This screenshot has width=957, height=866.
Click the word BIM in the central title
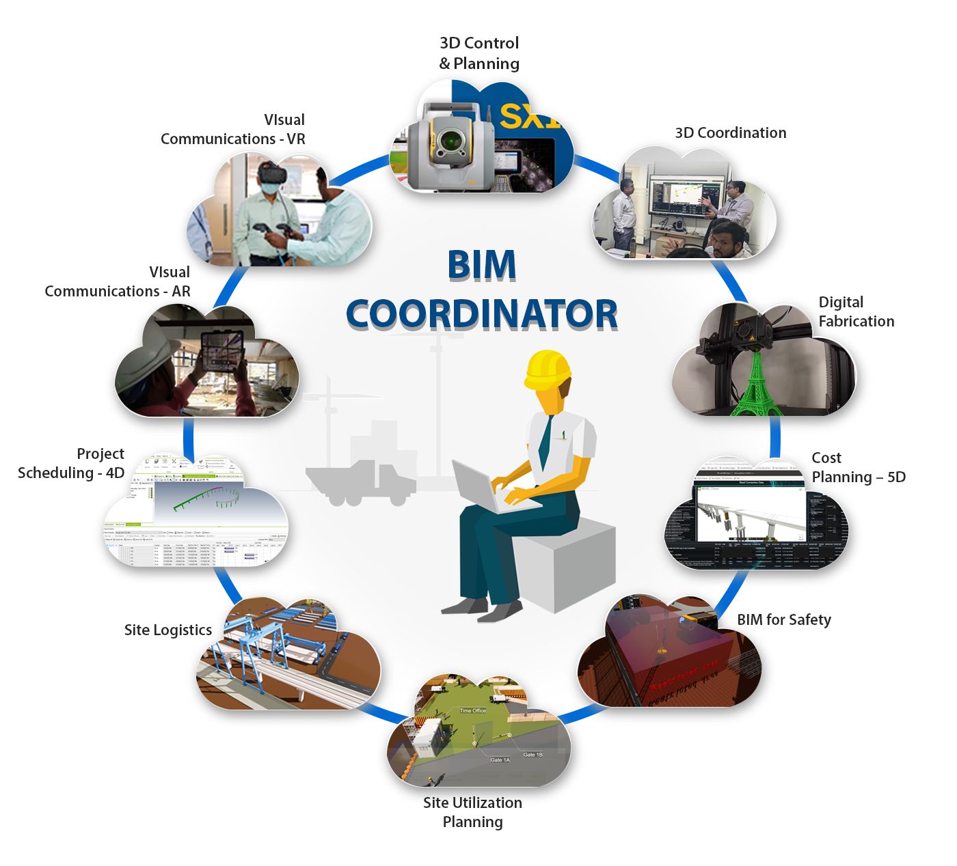point(482,265)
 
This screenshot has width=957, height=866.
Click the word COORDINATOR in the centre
point(482,314)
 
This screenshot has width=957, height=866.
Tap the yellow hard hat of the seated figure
point(548,369)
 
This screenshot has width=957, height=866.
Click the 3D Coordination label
point(731,133)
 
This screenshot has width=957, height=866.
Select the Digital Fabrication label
point(856,312)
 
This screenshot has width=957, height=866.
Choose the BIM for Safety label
point(784,620)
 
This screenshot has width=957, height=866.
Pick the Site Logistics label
point(168,630)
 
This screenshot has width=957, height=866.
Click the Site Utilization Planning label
point(472,813)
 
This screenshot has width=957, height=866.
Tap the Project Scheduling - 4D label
point(71,464)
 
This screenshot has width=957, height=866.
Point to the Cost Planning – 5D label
point(858,468)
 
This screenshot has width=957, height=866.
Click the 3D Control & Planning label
point(479,53)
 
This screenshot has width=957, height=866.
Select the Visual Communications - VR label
point(233,130)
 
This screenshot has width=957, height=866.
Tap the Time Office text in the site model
point(472,711)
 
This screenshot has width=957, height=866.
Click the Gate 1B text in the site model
point(533,755)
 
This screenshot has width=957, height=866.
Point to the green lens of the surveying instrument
point(449,140)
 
